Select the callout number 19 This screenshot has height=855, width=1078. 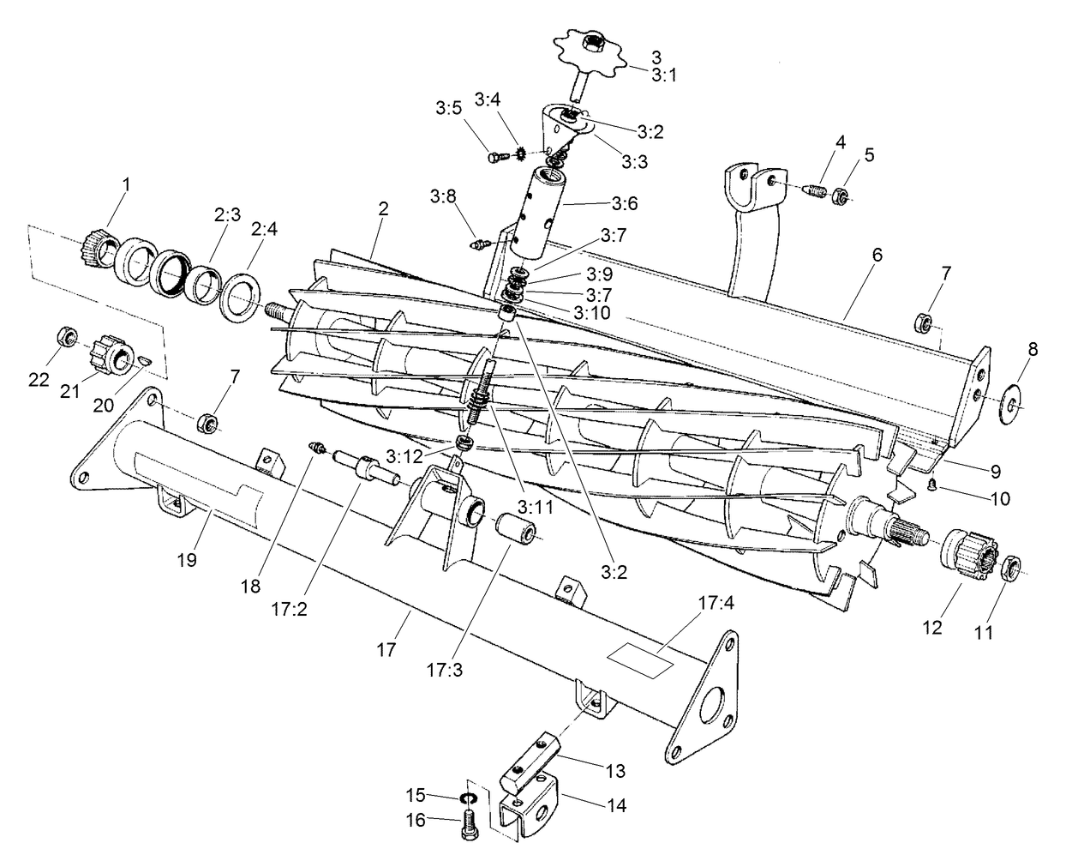[x=188, y=561]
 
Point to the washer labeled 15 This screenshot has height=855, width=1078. [x=468, y=799]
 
